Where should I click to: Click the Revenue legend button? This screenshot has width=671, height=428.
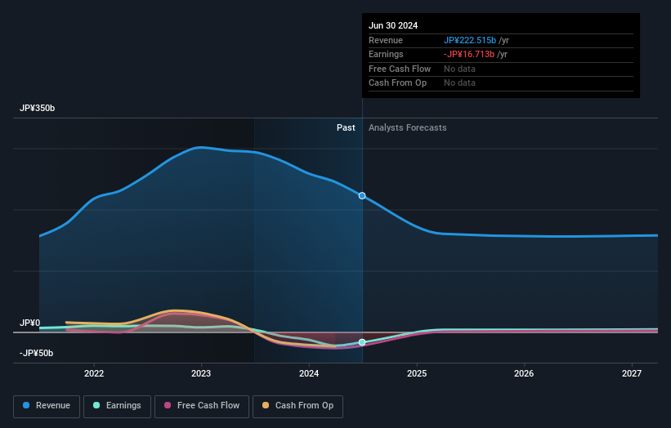click(x=47, y=406)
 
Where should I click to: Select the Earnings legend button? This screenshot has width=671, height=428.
click(x=117, y=406)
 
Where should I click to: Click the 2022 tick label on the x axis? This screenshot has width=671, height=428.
click(x=94, y=374)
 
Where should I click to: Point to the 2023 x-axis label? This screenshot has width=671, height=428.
click(x=201, y=374)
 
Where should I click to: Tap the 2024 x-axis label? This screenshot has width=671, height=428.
click(x=309, y=374)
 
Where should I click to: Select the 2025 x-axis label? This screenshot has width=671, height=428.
click(x=417, y=374)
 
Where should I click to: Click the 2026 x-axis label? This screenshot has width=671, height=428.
click(x=524, y=374)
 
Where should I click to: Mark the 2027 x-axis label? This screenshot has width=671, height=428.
click(x=632, y=374)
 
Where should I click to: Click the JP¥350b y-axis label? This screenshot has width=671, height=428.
click(x=38, y=109)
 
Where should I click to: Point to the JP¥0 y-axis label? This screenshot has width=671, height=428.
click(x=30, y=323)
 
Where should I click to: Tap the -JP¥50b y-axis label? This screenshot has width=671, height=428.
click(x=37, y=353)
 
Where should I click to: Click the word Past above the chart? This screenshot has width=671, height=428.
click(x=346, y=127)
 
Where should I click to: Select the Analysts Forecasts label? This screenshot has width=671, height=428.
click(x=408, y=127)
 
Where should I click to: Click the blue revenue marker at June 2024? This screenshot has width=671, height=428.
click(x=362, y=196)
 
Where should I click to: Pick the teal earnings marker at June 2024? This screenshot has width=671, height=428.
click(x=362, y=342)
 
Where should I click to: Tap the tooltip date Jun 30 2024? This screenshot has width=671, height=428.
click(x=393, y=25)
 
